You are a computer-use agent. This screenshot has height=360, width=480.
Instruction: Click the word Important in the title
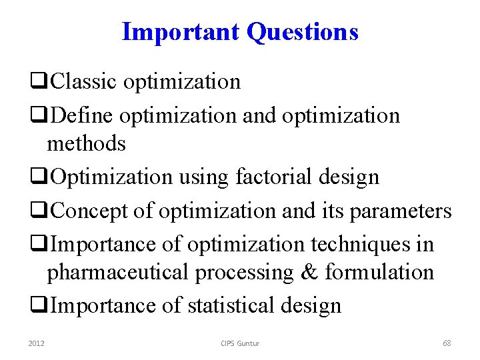click(182, 31)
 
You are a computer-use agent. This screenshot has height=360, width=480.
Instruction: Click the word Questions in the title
click(303, 32)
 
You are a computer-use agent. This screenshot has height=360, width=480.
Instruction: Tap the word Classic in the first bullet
click(85, 81)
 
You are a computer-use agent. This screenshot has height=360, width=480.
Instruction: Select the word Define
click(83, 115)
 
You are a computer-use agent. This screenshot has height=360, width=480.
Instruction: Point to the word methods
click(86, 143)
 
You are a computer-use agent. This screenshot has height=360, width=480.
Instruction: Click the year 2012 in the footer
click(37, 343)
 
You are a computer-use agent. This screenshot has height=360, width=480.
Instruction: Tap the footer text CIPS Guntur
click(240, 343)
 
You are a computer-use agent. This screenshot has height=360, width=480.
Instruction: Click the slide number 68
click(447, 343)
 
